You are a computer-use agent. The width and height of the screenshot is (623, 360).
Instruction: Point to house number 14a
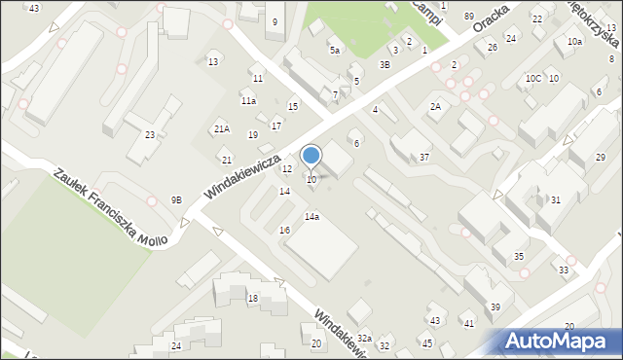point(311,216)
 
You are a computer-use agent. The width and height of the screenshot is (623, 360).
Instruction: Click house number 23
point(150,134)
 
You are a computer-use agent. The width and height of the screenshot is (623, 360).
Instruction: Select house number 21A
point(222,128)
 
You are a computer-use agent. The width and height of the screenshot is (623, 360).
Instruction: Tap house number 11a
point(248,100)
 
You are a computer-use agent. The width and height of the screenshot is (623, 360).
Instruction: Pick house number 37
point(424,157)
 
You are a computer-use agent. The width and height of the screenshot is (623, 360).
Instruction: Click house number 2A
point(436,106)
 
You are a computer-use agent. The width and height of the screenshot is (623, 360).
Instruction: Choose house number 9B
point(176,199)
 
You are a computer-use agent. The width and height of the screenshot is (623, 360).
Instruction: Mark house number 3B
point(385,64)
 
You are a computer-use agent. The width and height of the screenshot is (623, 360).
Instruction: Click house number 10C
point(532,78)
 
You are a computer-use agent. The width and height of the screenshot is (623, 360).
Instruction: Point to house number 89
point(469,17)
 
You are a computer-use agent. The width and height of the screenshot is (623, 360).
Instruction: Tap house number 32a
point(364,338)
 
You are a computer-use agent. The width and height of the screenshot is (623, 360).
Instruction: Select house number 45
point(426,343)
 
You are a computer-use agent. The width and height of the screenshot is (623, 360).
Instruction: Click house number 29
point(601,158)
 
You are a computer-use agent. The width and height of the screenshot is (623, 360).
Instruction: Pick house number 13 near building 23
point(213,62)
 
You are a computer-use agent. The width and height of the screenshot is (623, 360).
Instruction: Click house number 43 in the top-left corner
point(34,8)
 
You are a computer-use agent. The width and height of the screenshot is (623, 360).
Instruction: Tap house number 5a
point(335,50)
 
